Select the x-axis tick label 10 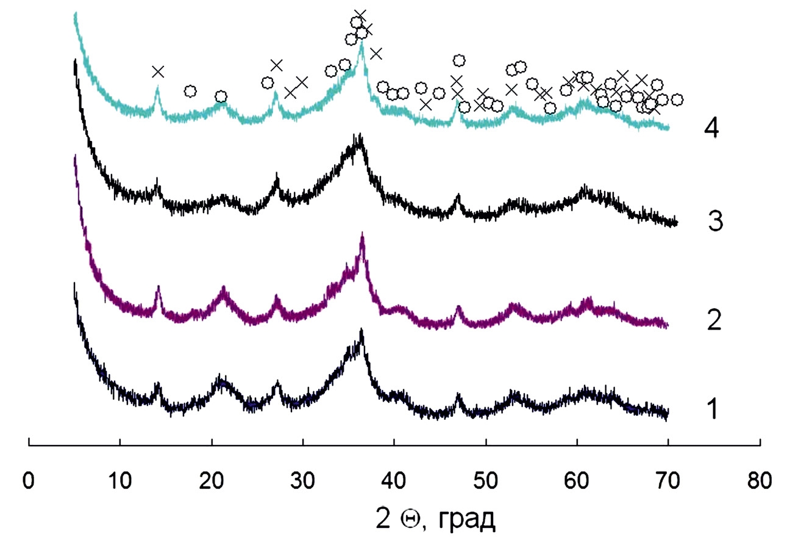click(x=120, y=479)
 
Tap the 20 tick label click(x=212, y=479)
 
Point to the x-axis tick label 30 click(x=303, y=479)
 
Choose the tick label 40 click(x=394, y=479)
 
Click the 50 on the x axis click(x=486, y=479)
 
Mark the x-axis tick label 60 click(x=577, y=479)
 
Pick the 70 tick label click(x=669, y=479)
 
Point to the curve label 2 click(x=714, y=320)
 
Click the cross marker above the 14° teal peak click(x=158, y=72)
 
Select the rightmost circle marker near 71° click(x=677, y=99)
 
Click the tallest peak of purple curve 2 click(x=363, y=235)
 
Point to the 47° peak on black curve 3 click(x=457, y=197)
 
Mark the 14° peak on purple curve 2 click(x=158, y=287)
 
